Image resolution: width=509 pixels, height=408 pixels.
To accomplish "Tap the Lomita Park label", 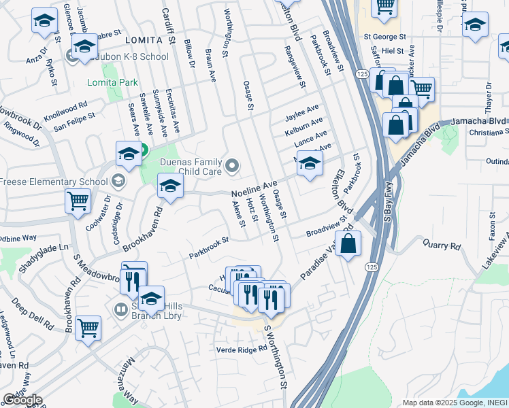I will coord(112,83).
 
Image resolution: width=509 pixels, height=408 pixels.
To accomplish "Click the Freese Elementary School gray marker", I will coord(119,181).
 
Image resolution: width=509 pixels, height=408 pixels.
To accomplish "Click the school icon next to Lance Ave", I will coord(310,163).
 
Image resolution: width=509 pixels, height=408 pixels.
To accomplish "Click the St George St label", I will coord(384,37).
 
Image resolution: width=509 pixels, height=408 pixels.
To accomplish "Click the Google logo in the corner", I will coord(22,400).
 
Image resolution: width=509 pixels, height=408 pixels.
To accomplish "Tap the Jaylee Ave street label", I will coord(303,109).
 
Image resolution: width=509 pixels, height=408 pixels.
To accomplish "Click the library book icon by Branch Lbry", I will coord(120,310).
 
